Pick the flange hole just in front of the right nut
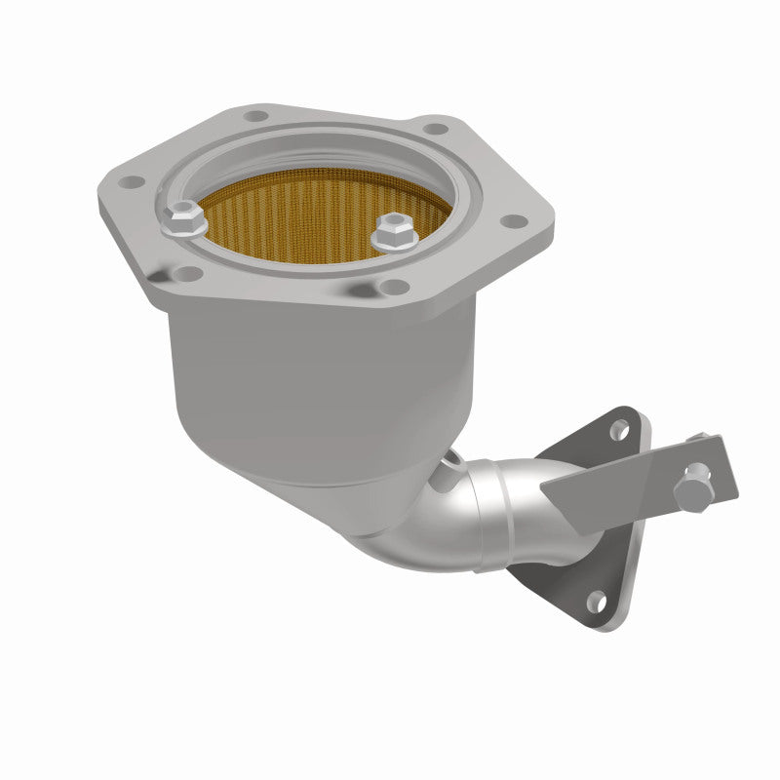392,286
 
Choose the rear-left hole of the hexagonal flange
255,116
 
